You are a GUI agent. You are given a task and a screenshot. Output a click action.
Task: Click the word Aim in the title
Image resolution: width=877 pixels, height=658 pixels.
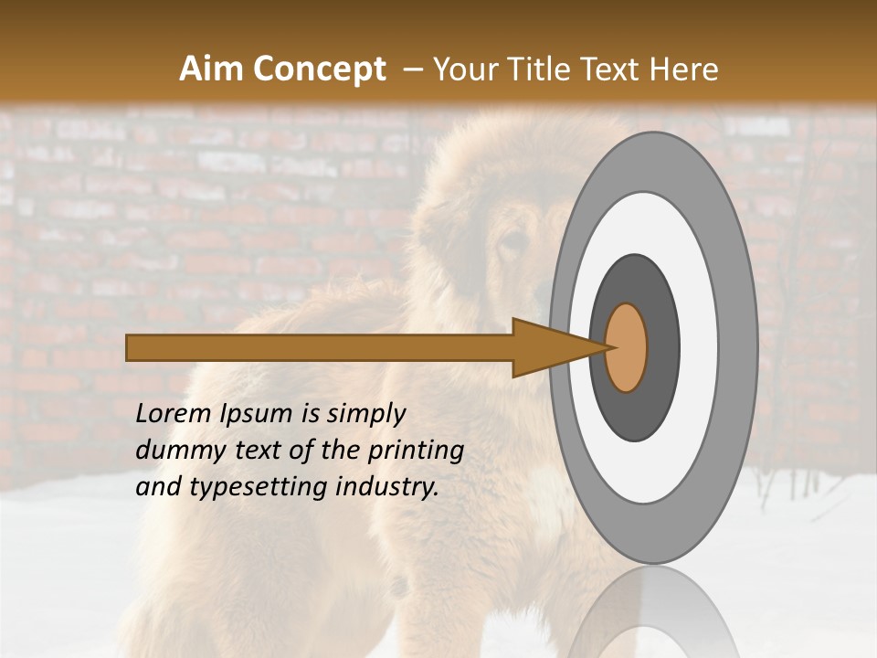click(211, 69)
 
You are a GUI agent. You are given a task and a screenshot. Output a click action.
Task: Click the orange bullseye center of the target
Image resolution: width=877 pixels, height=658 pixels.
click(627, 347)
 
